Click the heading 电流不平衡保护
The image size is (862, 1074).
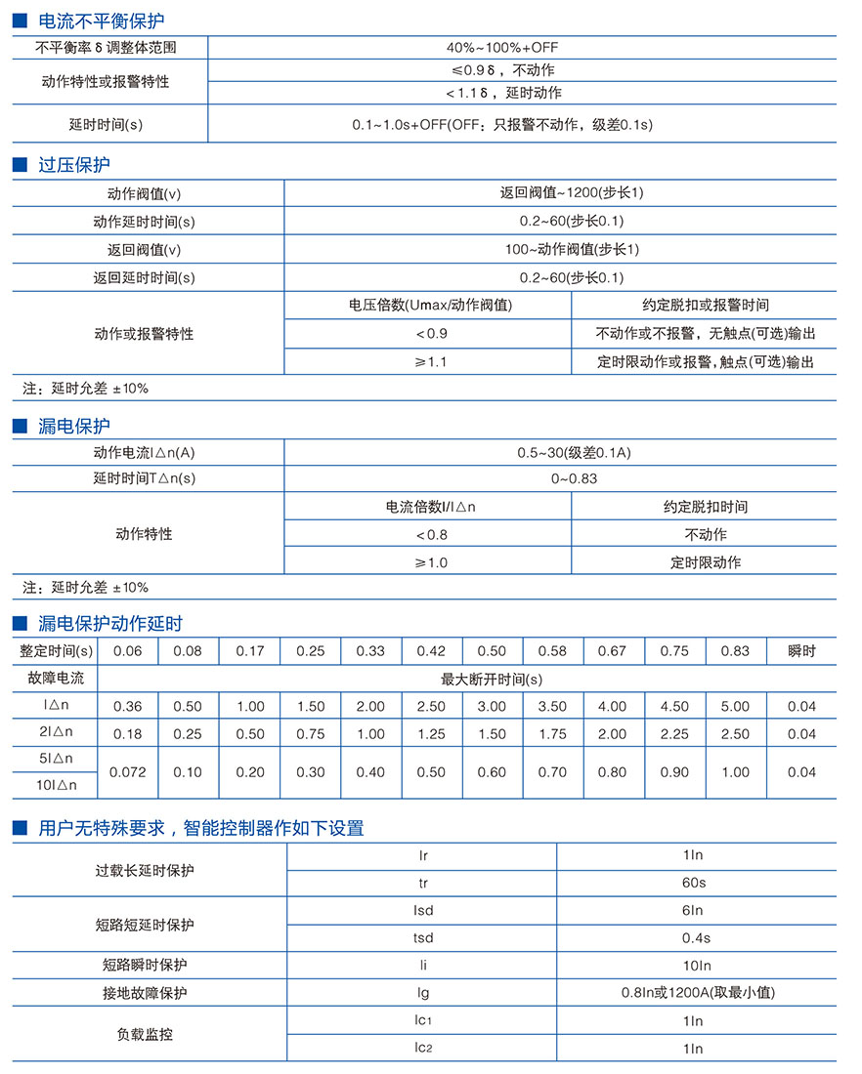click(101, 21)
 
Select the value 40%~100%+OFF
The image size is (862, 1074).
click(503, 47)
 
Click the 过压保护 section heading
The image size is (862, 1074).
click(74, 165)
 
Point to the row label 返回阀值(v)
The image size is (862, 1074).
click(145, 250)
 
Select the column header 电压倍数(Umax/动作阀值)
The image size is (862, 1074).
click(430, 306)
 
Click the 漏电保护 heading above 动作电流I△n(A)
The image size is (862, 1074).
click(74, 426)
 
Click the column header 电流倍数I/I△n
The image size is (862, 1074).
click(431, 508)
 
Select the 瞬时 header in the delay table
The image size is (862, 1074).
click(801, 651)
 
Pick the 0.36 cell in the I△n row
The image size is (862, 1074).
click(128, 707)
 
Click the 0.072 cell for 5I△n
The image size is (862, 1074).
click(128, 772)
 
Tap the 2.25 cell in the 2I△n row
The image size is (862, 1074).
click(673, 734)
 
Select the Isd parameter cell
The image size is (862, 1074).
click(423, 910)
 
